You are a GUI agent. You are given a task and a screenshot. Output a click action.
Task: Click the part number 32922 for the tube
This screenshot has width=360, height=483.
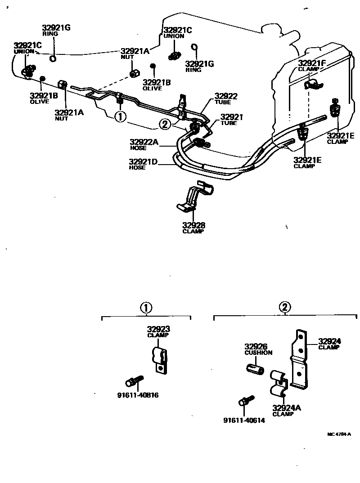coord(226,96)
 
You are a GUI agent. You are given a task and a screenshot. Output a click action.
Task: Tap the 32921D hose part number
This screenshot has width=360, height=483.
coord(143,162)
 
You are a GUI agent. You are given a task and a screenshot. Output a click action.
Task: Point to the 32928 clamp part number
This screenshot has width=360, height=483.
coord(193,225)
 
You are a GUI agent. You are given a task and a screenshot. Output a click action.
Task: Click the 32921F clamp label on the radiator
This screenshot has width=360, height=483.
coord(311,63)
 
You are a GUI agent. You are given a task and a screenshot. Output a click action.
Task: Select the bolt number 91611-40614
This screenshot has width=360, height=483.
coord(244,420)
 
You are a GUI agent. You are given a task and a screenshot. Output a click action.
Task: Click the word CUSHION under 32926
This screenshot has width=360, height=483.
coord(258,353)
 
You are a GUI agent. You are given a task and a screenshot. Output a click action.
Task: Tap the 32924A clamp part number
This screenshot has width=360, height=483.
coord(286,408)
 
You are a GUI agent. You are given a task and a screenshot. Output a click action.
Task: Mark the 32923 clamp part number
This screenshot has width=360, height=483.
coord(158,330)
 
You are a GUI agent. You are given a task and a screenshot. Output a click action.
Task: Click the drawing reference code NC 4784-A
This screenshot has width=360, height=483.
coord(339,434)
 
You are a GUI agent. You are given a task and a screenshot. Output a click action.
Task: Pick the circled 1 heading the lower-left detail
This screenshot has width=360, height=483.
coord(146,308)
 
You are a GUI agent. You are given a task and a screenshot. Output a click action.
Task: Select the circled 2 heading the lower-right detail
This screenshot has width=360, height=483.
coord(285,308)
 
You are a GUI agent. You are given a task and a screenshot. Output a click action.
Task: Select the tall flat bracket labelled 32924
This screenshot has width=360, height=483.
coord(301,360)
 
